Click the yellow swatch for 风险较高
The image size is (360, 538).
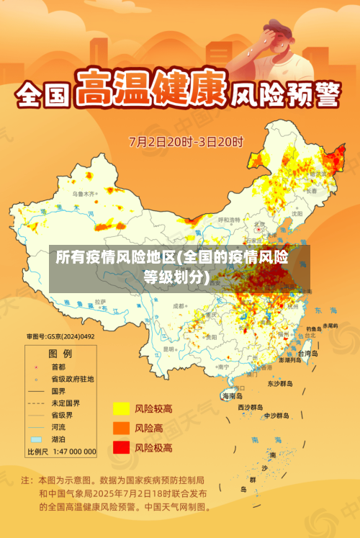point(120,409)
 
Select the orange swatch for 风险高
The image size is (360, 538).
point(120,428)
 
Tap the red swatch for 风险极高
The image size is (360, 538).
point(120,447)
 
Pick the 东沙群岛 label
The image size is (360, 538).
point(281,384)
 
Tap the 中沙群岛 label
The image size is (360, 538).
point(276,416)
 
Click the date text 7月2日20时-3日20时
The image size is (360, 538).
point(186,140)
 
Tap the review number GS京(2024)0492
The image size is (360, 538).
point(60,336)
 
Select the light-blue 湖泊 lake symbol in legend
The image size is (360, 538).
point(36,439)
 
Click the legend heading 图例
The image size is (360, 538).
point(60,353)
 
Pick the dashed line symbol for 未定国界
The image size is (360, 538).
point(36,403)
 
